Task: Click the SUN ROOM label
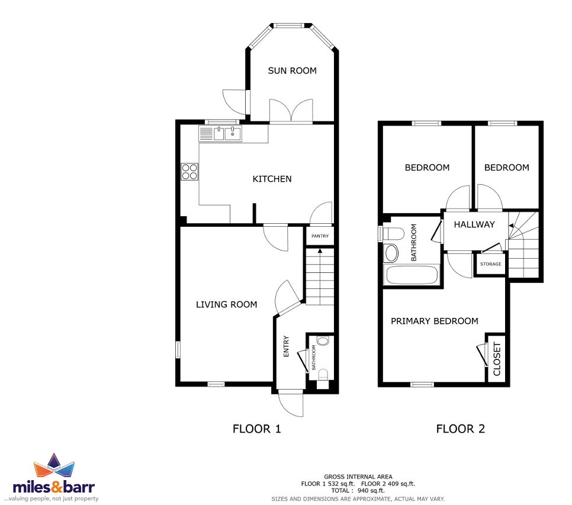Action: [292, 70]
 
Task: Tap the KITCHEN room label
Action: [272, 179]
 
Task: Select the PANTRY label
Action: [320, 236]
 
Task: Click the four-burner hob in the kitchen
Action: [189, 172]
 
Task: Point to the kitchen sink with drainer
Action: [220, 133]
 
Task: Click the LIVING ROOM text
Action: [227, 304]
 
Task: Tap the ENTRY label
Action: [286, 346]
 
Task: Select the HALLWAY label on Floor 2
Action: [474, 224]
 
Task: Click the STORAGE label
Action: [491, 264]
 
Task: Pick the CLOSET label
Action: [497, 359]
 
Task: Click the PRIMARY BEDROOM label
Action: [435, 321]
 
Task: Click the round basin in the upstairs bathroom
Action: [391, 253]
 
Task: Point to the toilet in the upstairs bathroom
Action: [391, 234]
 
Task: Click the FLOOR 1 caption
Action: [257, 429]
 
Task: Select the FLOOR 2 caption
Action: [460, 429]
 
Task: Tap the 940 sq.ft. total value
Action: [371, 491]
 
